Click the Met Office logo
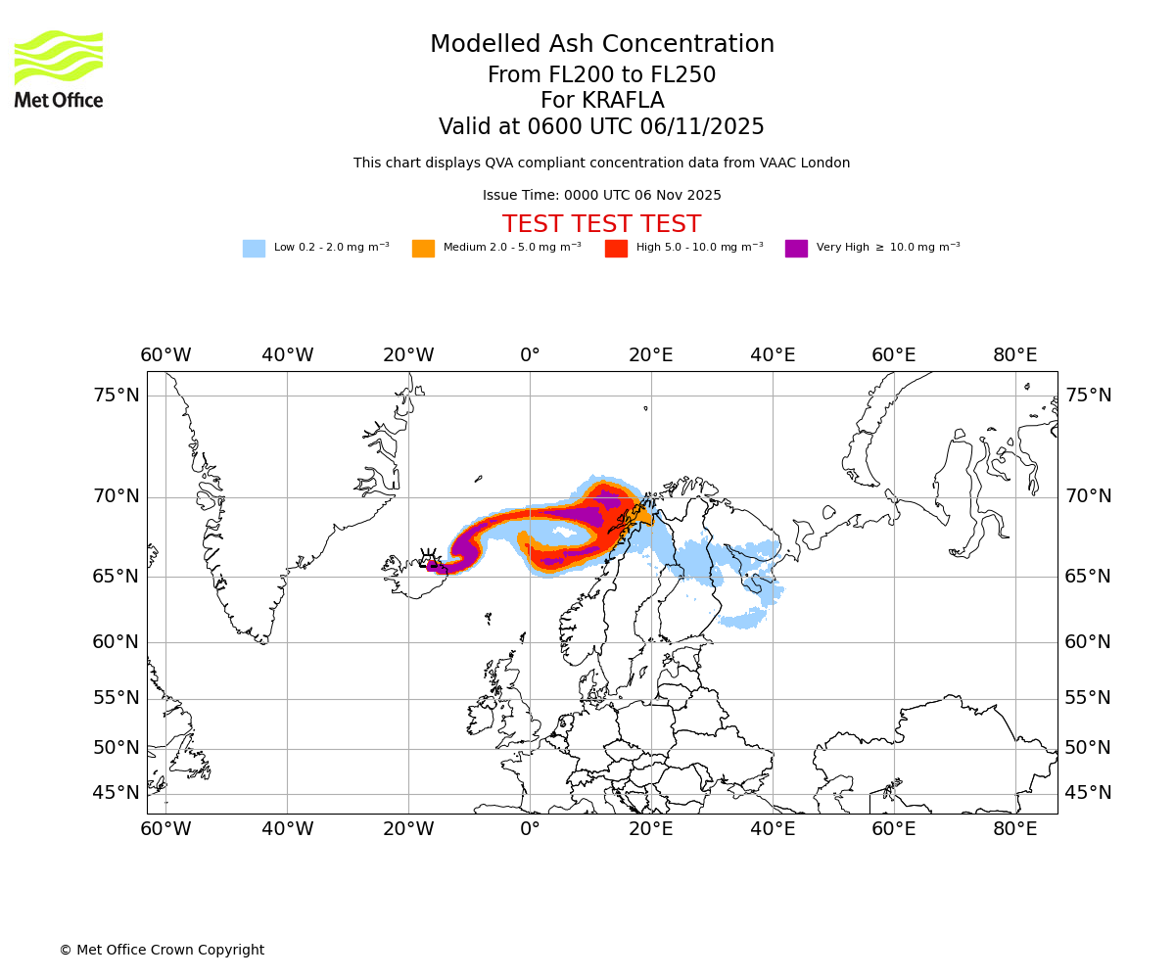coord(59,70)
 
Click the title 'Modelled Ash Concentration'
coord(602,44)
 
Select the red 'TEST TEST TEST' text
coord(601,224)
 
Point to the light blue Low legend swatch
coord(254,249)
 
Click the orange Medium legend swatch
coord(423,249)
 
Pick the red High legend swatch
coord(616,249)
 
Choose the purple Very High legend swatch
coord(796,249)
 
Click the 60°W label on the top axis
coord(165,354)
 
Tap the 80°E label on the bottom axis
coord(1015,829)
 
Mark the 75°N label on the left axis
coord(117,396)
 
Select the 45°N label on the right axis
coord(1088,793)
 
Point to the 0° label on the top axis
coord(530,354)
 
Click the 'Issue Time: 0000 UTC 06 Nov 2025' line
coord(601,196)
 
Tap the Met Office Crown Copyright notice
coord(162,950)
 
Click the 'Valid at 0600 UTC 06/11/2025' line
coord(601,127)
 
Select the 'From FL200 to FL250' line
coord(601,75)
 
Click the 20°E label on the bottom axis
coord(651,829)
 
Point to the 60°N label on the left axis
coord(117,642)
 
